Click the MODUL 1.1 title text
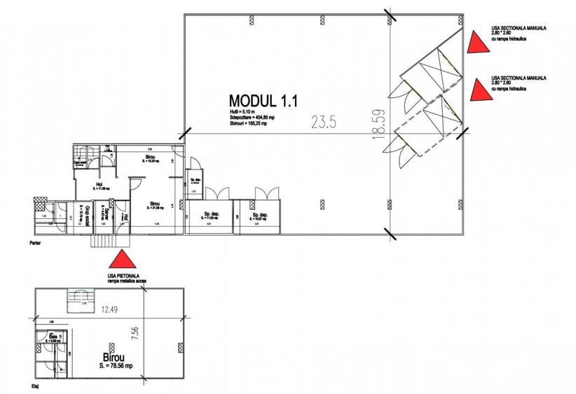pos(263,100)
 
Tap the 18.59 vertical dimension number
pos(380,124)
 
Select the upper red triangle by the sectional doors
pos(477,43)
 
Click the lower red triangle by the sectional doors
pos(477,90)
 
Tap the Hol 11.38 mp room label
pos(91,186)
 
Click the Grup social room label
pos(81,213)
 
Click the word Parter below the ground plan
pos(36,245)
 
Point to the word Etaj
pos(33,385)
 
